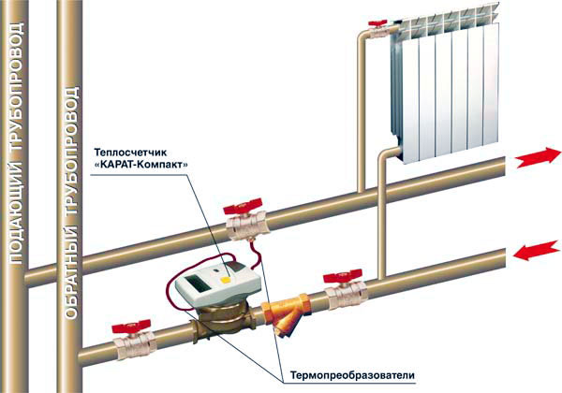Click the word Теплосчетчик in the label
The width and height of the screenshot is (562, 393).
(130, 153)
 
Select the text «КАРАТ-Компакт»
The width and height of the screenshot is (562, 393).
(140, 165)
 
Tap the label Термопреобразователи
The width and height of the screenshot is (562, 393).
(352, 375)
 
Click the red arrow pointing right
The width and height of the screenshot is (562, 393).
(538, 156)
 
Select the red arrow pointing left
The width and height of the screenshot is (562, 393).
(537, 251)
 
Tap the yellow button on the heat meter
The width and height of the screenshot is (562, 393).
(226, 280)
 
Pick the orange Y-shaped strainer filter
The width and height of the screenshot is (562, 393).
(286, 314)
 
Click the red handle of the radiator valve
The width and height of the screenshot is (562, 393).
(377, 23)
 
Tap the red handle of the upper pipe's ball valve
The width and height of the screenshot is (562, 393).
(243, 207)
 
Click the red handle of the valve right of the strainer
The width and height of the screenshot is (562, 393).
(343, 277)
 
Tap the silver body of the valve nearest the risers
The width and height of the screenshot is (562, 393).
(135, 344)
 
